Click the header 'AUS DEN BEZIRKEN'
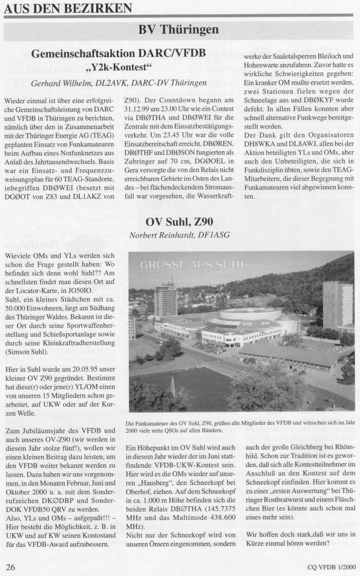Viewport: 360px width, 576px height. click(67, 8)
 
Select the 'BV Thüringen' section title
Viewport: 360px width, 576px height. click(179, 30)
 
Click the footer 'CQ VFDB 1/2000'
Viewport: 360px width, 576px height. click(331, 568)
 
